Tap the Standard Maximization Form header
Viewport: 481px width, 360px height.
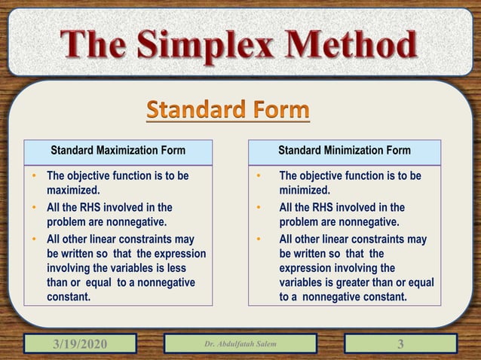click(118, 151)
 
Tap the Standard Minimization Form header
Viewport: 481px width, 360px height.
click(344, 151)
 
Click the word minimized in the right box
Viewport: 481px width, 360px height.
click(304, 191)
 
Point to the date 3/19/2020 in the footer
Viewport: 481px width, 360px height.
click(80, 345)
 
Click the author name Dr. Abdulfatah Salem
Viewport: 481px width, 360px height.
click(240, 345)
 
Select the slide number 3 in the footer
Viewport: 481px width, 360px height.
click(400, 345)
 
